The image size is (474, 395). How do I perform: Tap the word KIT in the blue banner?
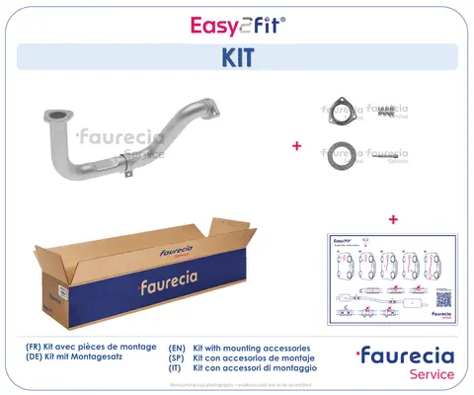pyautogui.click(x=236, y=57)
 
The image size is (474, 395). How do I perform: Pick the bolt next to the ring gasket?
pyautogui.click(x=387, y=155)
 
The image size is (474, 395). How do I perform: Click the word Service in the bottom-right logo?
pyautogui.click(x=432, y=375)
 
